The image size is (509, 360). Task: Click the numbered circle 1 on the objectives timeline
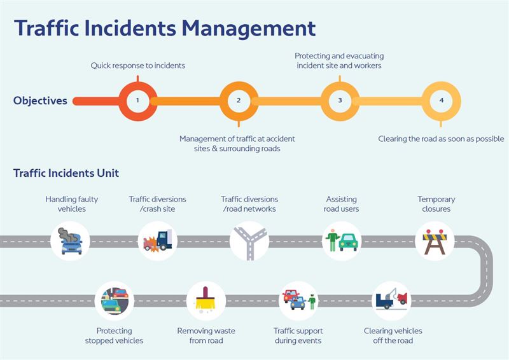click(x=137, y=100)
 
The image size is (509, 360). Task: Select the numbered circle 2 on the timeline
click(x=239, y=100)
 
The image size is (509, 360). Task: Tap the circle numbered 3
click(x=340, y=100)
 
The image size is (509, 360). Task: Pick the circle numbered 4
click(x=441, y=100)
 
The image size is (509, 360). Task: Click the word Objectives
click(x=40, y=100)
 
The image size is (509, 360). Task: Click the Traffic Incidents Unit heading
click(x=66, y=173)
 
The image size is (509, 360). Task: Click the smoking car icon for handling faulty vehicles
click(x=71, y=240)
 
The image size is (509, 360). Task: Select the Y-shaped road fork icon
click(x=249, y=240)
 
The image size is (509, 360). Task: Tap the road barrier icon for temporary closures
click(x=435, y=240)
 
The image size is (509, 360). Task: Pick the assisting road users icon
click(x=342, y=240)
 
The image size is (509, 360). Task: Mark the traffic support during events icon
click(x=298, y=300)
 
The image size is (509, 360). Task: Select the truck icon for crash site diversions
click(x=157, y=240)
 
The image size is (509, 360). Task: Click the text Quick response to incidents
click(x=137, y=65)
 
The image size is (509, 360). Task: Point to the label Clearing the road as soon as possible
click(x=441, y=139)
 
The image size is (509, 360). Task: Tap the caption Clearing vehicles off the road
click(x=393, y=335)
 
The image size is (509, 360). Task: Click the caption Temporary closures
click(x=436, y=204)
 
